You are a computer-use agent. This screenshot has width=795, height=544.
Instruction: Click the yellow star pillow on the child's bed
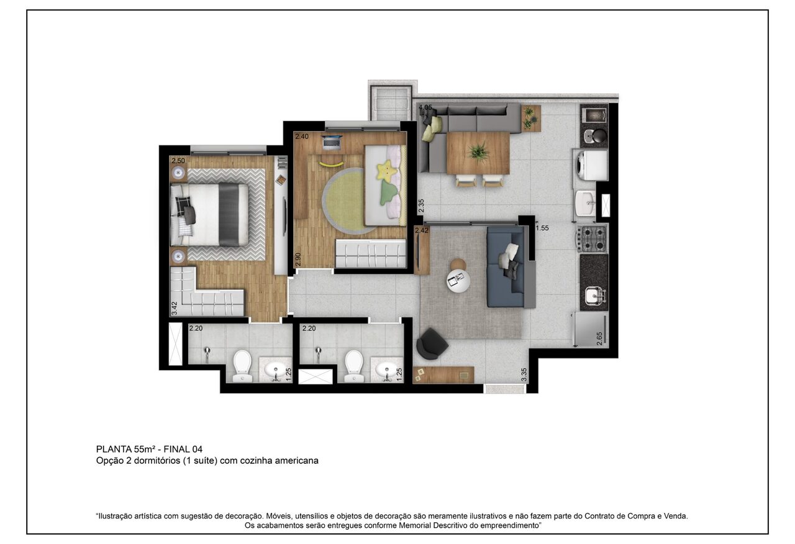[x=386, y=171]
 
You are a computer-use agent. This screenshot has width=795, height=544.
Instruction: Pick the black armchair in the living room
[x=430, y=343]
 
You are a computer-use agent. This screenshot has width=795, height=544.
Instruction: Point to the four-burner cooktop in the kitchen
[x=592, y=238]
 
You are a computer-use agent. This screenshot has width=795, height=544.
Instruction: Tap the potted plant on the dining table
[x=478, y=152]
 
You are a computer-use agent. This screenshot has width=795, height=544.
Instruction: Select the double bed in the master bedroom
[x=210, y=214]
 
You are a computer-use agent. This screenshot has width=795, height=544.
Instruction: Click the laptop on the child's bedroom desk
[x=332, y=142]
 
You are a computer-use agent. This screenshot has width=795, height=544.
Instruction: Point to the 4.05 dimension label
[x=425, y=107]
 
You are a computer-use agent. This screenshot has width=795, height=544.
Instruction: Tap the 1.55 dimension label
[x=542, y=228]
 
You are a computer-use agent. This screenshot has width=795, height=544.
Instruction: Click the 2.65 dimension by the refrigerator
[x=599, y=338]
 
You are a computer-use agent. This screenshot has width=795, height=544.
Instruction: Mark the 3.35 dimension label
[x=524, y=374]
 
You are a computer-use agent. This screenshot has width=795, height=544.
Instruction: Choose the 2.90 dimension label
[x=298, y=260]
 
